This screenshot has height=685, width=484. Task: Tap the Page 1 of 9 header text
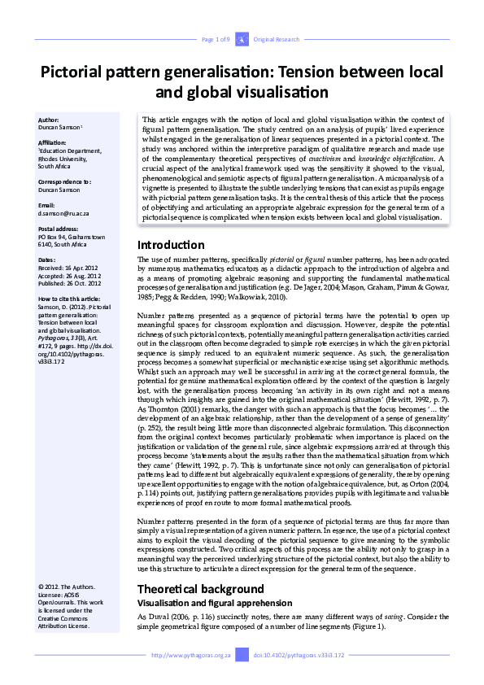216,39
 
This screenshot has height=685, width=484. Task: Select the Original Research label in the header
277,39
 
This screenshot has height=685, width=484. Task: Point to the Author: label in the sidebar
50,120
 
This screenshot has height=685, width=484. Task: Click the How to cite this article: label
70,299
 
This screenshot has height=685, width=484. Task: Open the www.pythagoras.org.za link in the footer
193,655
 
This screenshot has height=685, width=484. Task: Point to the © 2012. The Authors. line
67,587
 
